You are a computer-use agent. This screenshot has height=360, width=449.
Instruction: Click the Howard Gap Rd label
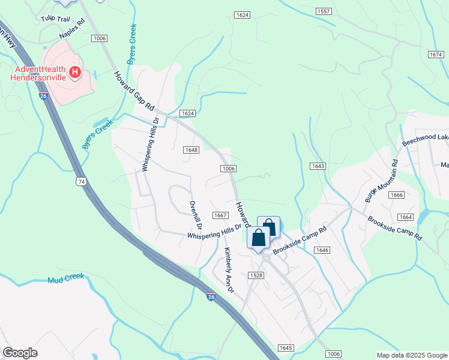134,91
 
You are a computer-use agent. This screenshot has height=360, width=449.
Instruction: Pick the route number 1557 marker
324,11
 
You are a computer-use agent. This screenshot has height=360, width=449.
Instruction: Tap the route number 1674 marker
436,55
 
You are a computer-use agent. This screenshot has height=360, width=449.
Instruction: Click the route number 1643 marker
318,166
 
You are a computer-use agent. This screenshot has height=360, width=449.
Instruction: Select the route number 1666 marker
396,195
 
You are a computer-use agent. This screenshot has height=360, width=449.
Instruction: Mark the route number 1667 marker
220,215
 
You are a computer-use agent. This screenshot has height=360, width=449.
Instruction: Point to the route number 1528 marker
256,275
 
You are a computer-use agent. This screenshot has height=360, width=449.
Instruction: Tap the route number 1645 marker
286,348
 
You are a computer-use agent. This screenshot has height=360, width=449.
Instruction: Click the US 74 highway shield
80,181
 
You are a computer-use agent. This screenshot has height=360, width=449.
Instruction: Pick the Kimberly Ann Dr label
228,270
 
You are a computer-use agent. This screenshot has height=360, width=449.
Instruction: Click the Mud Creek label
66,279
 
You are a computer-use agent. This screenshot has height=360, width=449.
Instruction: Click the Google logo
20,353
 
